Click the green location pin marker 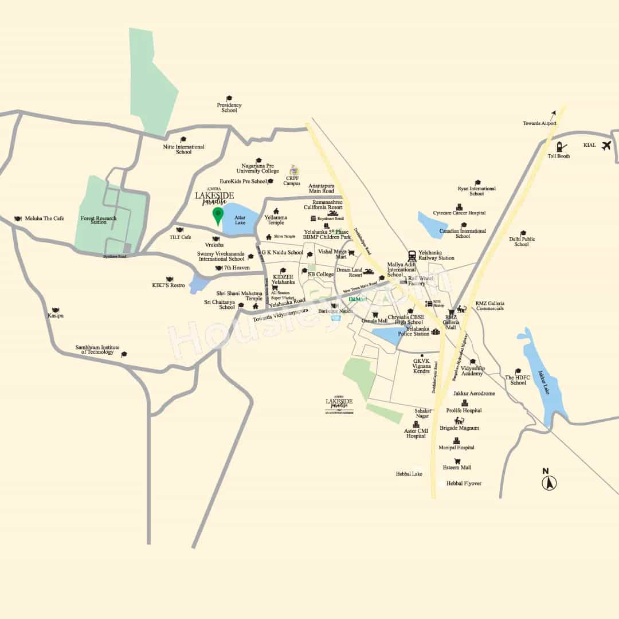[x=218, y=216]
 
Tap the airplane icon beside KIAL [x=606, y=145]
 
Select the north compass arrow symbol [x=549, y=483]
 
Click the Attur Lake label [x=240, y=220]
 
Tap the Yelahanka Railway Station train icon [x=412, y=256]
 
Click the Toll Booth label [x=559, y=156]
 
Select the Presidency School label [x=229, y=108]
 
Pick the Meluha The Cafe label [x=45, y=218]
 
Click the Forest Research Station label [x=99, y=220]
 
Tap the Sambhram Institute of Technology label [x=97, y=350]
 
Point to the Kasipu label [x=56, y=316]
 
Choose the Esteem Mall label [x=457, y=467]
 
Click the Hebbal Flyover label [x=464, y=483]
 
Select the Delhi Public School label [x=522, y=242]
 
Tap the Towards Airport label [x=539, y=123]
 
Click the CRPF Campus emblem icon [x=294, y=170]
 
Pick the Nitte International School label [x=183, y=150]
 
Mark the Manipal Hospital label [x=457, y=448]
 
